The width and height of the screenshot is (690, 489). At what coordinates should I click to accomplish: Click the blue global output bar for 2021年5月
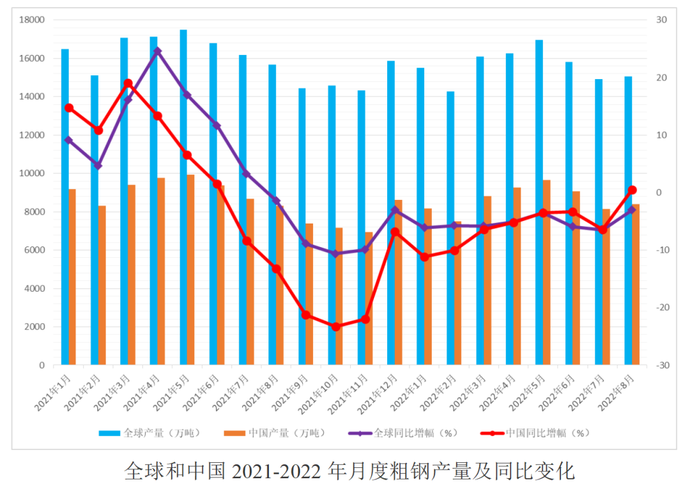[183, 198]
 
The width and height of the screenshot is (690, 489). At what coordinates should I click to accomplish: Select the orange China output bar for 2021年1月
[72, 277]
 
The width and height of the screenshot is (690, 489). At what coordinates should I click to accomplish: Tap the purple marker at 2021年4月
[157, 51]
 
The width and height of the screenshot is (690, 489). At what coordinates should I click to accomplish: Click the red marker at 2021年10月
[335, 327]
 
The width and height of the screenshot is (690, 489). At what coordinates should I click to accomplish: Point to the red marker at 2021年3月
[128, 84]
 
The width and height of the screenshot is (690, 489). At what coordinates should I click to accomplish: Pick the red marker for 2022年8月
[632, 190]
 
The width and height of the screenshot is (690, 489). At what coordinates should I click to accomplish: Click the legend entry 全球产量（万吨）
[149, 433]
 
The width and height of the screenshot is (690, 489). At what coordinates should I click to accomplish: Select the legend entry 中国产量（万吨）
[274, 433]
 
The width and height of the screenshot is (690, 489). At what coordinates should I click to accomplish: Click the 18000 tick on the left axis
[32, 20]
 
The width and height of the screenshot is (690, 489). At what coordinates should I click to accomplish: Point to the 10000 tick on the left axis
[32, 174]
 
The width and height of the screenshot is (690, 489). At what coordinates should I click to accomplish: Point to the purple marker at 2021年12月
[395, 210]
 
